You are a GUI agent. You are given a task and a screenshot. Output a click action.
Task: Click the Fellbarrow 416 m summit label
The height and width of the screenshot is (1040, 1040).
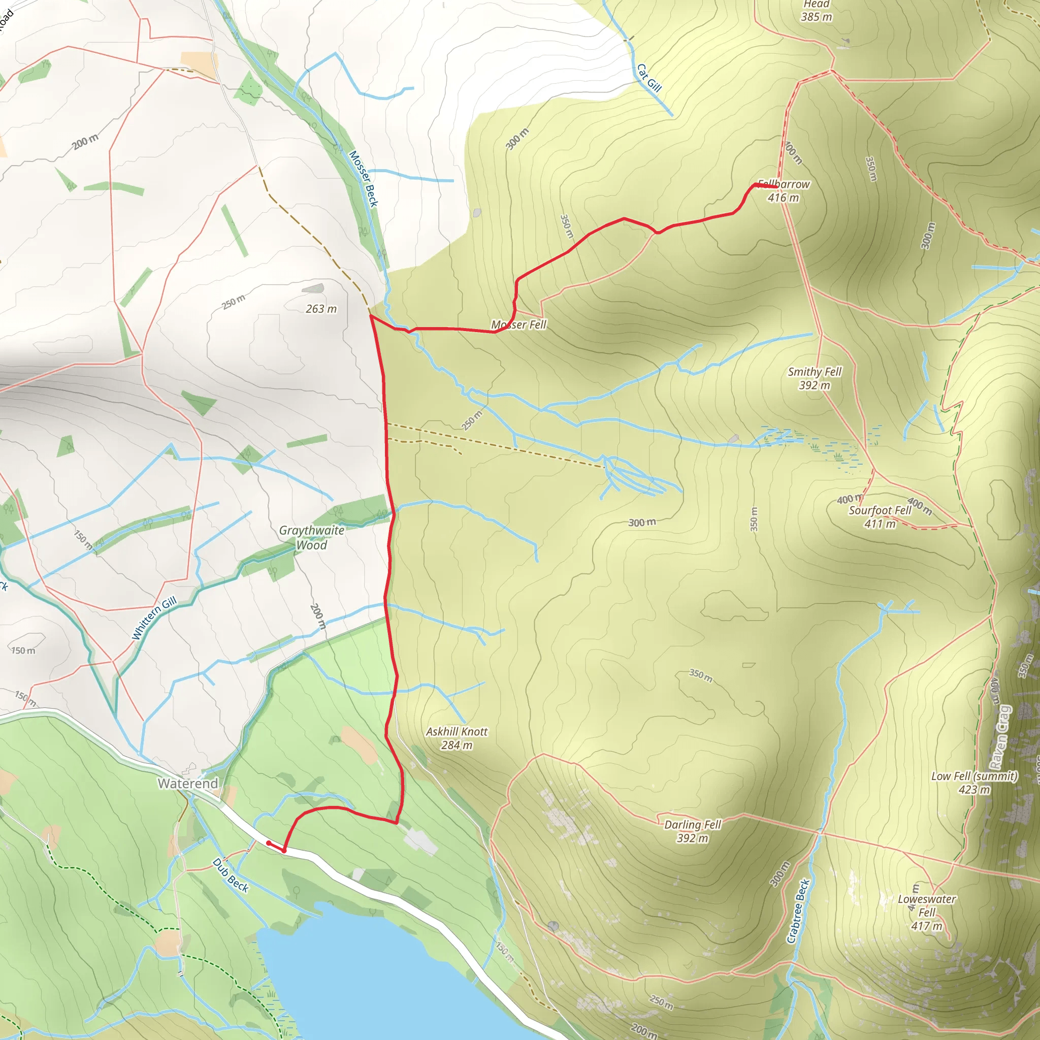(784, 191)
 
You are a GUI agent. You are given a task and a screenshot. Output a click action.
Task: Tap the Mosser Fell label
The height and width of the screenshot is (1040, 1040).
(518, 324)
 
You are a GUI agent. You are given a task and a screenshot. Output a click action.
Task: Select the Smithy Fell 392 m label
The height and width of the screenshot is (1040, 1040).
(815, 378)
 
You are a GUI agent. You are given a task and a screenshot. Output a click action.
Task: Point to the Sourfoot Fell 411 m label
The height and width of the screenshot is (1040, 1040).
(880, 517)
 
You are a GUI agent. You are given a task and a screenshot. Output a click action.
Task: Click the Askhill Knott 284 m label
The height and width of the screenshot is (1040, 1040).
(457, 738)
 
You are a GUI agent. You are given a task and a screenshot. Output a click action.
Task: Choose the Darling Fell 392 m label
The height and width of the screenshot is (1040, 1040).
(692, 831)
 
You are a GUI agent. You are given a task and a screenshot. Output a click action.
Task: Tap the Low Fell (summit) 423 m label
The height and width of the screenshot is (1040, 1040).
(974, 783)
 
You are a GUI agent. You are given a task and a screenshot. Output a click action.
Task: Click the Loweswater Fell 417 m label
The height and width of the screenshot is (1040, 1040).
(927, 913)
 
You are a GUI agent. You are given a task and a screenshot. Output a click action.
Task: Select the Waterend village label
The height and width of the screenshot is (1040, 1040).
(188, 783)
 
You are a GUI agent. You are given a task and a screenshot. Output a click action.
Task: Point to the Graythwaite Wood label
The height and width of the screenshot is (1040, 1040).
(312, 537)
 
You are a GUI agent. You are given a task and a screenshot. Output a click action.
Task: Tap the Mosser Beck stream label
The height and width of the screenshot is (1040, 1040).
(364, 179)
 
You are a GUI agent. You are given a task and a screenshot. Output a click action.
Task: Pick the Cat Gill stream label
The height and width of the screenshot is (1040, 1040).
(648, 78)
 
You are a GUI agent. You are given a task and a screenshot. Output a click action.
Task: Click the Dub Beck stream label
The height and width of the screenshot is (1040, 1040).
(231, 875)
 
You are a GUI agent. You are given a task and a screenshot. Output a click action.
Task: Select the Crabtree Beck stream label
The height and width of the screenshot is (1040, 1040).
(798, 912)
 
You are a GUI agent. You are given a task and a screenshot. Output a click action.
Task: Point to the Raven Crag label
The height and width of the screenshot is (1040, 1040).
(1001, 737)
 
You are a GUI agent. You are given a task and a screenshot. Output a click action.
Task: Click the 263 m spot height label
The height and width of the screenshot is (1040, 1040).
(321, 309)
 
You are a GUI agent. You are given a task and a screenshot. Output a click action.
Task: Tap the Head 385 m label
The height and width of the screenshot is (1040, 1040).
(817, 11)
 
